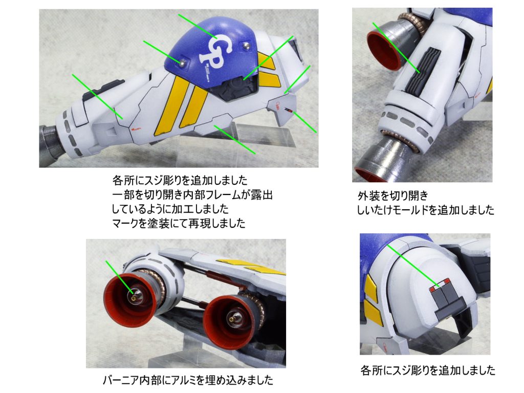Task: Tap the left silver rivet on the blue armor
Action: [x=183, y=62]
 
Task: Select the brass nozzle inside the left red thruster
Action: [x=135, y=297]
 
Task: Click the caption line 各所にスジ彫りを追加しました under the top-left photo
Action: [x=180, y=181]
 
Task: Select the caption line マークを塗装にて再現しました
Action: [x=179, y=223]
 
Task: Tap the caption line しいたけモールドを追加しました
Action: [x=425, y=210]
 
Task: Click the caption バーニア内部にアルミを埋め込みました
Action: [x=188, y=380]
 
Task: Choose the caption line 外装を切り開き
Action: [x=392, y=195]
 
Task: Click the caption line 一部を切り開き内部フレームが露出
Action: [x=192, y=195]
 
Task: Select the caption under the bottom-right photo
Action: [x=428, y=370]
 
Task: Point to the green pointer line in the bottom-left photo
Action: [x=120, y=278]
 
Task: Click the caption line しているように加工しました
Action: [x=170, y=209]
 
